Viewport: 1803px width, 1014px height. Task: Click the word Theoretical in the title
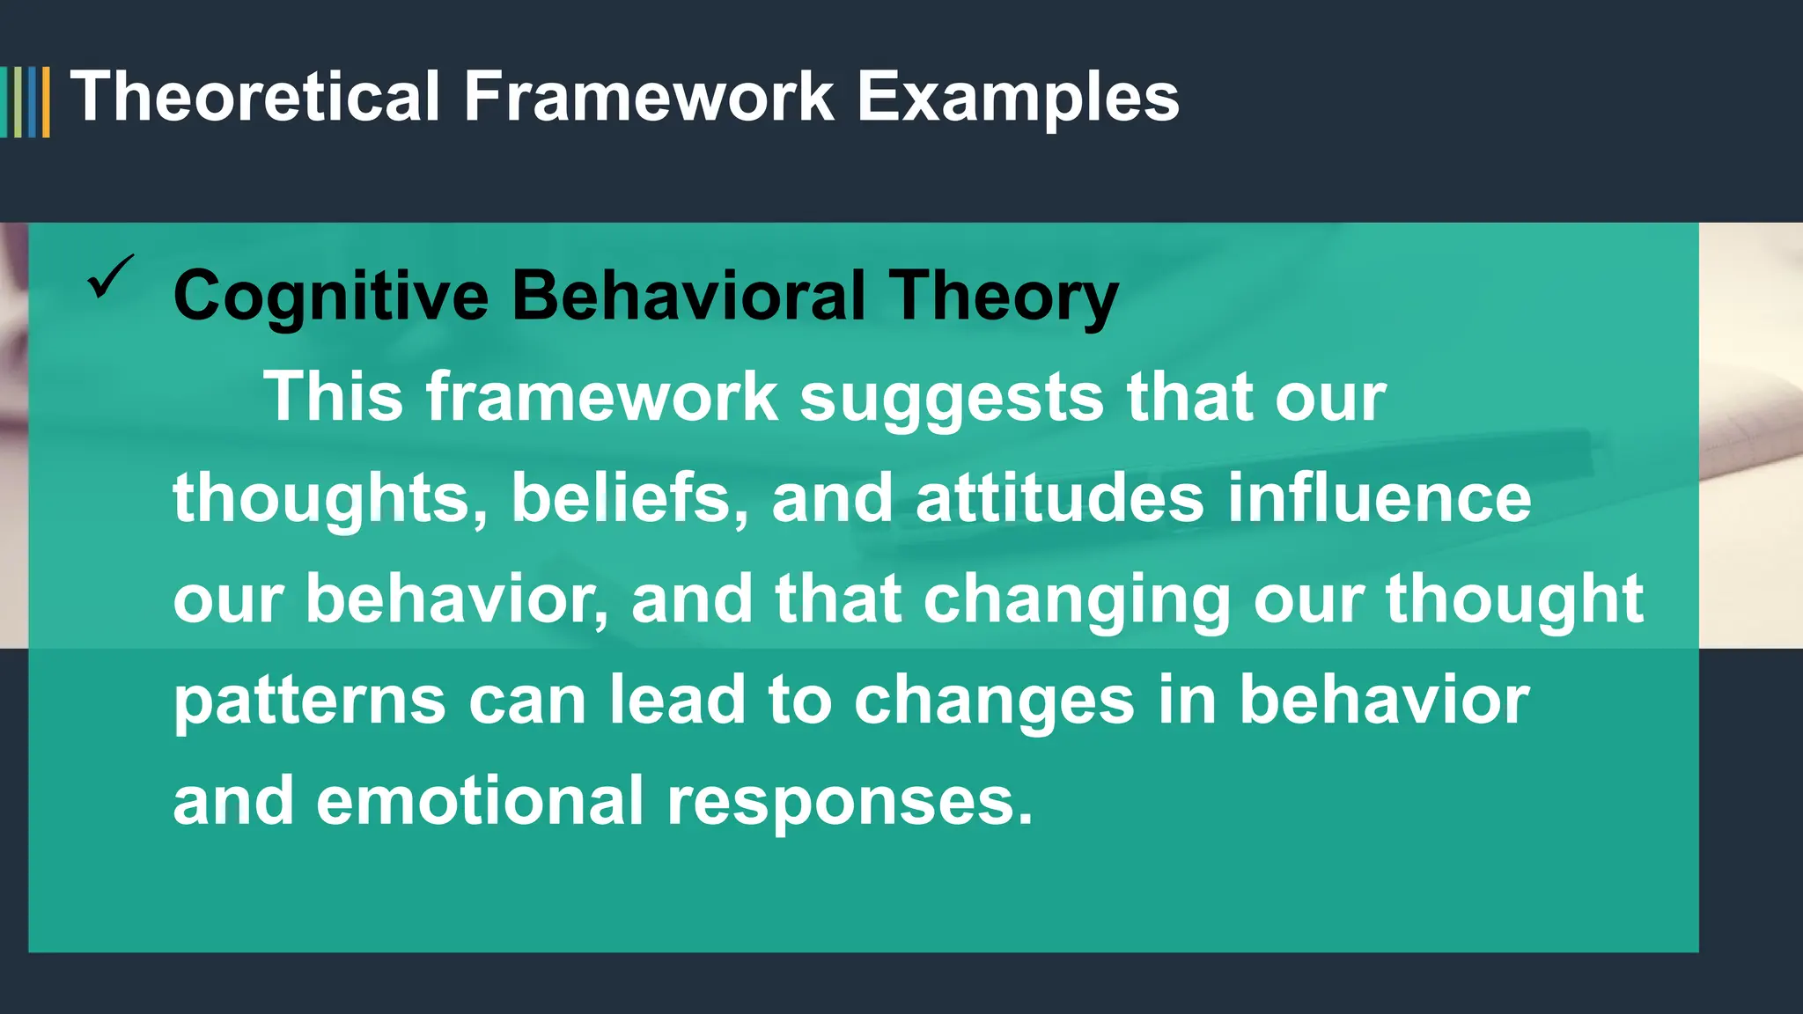tap(255, 97)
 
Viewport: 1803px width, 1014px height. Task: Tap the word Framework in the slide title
tap(649, 97)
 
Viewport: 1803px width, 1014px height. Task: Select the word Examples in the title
tap(1018, 97)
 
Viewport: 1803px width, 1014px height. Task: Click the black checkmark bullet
tap(111, 277)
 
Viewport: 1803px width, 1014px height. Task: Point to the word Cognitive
tap(331, 297)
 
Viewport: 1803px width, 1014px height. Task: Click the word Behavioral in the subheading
tap(689, 297)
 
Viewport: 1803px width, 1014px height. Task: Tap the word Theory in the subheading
tap(1003, 297)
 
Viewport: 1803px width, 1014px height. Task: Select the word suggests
tap(952, 398)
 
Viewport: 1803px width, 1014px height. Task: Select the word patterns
tap(309, 702)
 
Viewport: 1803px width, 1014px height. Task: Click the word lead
tap(678, 702)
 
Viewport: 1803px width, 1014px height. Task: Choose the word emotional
tap(480, 802)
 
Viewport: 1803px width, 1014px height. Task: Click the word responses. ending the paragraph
tap(850, 802)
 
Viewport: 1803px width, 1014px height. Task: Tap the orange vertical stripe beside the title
tap(46, 102)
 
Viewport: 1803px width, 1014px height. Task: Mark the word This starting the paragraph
tap(334, 398)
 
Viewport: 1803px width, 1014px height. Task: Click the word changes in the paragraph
tap(994, 702)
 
